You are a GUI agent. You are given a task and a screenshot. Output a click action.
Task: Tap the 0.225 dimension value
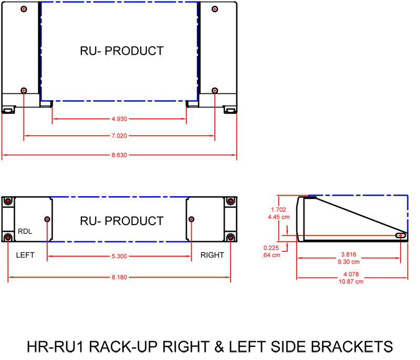coord(272,248)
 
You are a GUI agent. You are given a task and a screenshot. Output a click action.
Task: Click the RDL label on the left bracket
coord(25,231)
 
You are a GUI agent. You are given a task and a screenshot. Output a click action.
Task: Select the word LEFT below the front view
coord(25,255)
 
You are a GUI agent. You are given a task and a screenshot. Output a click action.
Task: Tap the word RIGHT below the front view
coord(212,255)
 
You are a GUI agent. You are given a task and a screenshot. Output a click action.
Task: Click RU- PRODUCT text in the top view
coord(121,51)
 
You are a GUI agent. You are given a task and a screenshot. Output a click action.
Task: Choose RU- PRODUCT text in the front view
coord(121,221)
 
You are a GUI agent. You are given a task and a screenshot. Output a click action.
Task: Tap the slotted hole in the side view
coord(401,236)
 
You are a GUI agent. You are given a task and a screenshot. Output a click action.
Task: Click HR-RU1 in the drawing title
coord(54,347)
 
